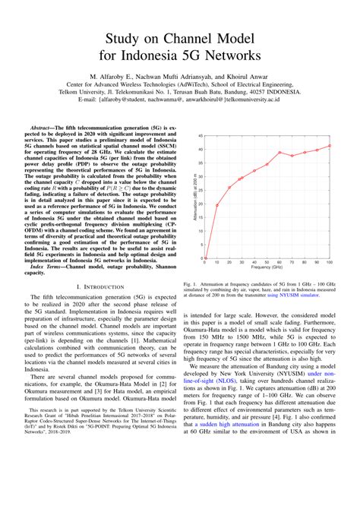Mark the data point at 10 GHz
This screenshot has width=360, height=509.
pos(216,204)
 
